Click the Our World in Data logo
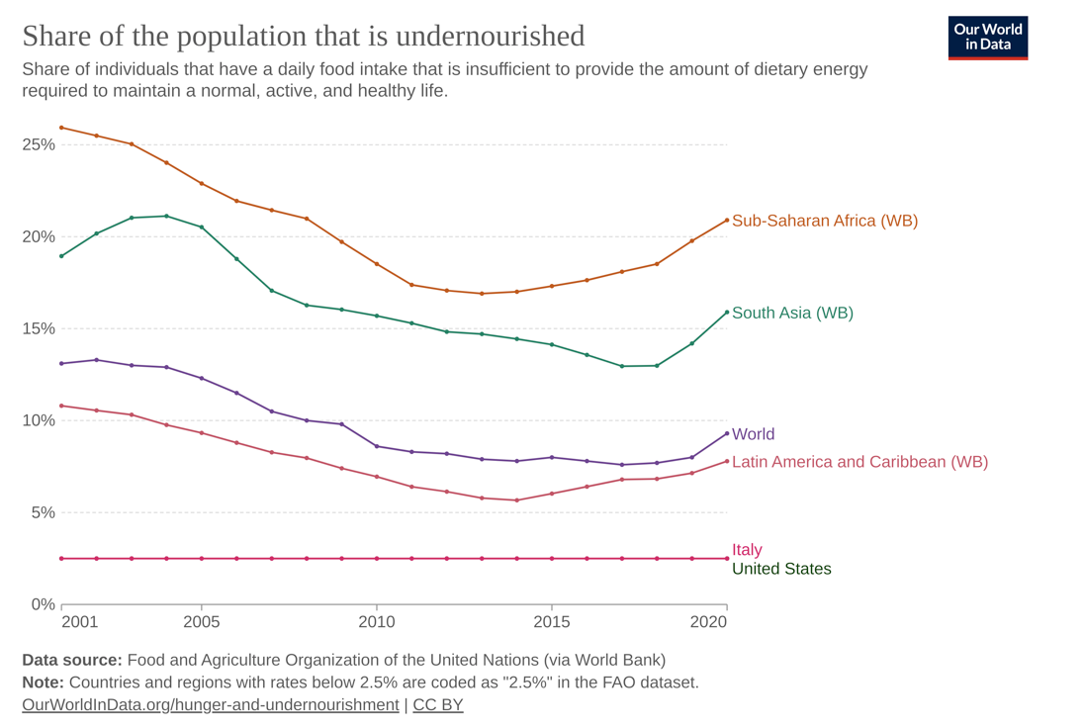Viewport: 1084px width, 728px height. tap(987, 38)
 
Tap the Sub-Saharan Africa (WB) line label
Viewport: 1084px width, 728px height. tap(824, 221)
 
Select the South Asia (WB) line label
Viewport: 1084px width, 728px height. tap(792, 313)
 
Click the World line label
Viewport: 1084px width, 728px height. tap(753, 434)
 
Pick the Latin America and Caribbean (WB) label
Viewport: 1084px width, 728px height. tap(859, 461)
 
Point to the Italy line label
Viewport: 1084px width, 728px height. tap(747, 550)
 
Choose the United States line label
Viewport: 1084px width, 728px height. tap(781, 569)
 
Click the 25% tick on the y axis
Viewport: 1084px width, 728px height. tap(38, 144)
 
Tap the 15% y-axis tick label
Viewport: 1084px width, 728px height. tap(38, 328)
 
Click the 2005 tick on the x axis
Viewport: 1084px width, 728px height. tap(202, 622)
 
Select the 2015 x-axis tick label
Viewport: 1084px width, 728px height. tap(552, 622)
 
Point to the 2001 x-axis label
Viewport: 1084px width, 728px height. tap(79, 622)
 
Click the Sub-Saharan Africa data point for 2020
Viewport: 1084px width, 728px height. tap(727, 220)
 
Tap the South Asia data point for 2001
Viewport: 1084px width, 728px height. tap(61, 256)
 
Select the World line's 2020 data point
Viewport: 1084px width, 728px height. tap(727, 433)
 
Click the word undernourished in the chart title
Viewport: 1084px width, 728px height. tap(490, 36)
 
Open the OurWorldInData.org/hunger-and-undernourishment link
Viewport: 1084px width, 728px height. tap(210, 705)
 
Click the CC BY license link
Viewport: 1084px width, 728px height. tap(437, 705)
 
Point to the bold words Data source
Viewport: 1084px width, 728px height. tap(71, 660)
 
